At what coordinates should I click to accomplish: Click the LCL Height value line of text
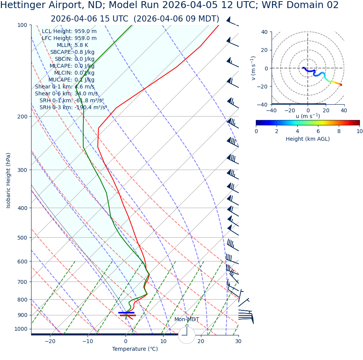coord(69,32)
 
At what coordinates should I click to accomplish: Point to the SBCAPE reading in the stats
coord(72,52)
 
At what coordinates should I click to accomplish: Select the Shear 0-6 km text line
coord(66,94)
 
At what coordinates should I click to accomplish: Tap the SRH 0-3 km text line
coord(73,108)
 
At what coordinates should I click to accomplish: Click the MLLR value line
coord(72,45)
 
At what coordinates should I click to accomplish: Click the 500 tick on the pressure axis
coord(22,238)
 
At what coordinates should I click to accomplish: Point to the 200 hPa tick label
coord(22,117)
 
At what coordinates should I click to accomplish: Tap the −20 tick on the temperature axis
coord(50,341)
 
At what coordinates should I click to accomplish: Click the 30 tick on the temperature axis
coord(238,341)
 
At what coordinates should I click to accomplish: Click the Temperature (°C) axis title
coord(135,349)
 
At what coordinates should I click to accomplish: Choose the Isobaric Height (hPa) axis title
coord(8,180)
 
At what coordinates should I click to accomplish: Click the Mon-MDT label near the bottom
coord(187,320)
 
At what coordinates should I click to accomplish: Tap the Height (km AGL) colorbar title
coord(308,139)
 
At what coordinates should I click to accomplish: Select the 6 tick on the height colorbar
coord(318,131)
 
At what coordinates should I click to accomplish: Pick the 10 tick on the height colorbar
coord(359,131)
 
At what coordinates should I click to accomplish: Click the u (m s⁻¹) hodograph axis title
coord(308,116)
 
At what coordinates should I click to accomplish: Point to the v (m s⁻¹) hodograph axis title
coord(254,68)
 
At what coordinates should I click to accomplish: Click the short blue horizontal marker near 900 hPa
coord(126,313)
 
